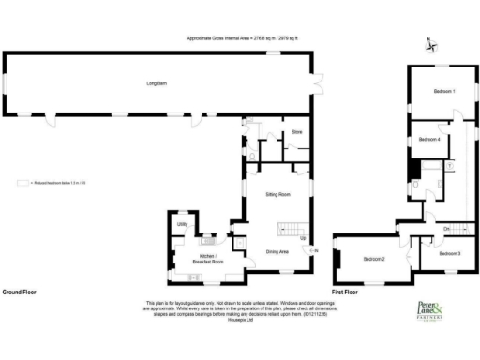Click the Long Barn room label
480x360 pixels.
(x=156, y=84)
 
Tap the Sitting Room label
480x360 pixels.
(x=277, y=193)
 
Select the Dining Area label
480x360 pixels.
(x=277, y=251)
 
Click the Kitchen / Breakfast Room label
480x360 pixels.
(x=208, y=260)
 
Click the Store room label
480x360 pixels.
(x=296, y=133)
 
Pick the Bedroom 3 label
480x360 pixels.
(x=451, y=253)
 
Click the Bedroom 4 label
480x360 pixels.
(x=429, y=139)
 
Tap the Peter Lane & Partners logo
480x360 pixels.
(x=435, y=311)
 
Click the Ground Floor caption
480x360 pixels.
(x=20, y=292)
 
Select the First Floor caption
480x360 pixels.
(x=346, y=292)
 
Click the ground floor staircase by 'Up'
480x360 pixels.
(x=291, y=230)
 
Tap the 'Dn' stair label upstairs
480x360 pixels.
(x=446, y=228)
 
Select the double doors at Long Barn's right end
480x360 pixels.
(x=318, y=84)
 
